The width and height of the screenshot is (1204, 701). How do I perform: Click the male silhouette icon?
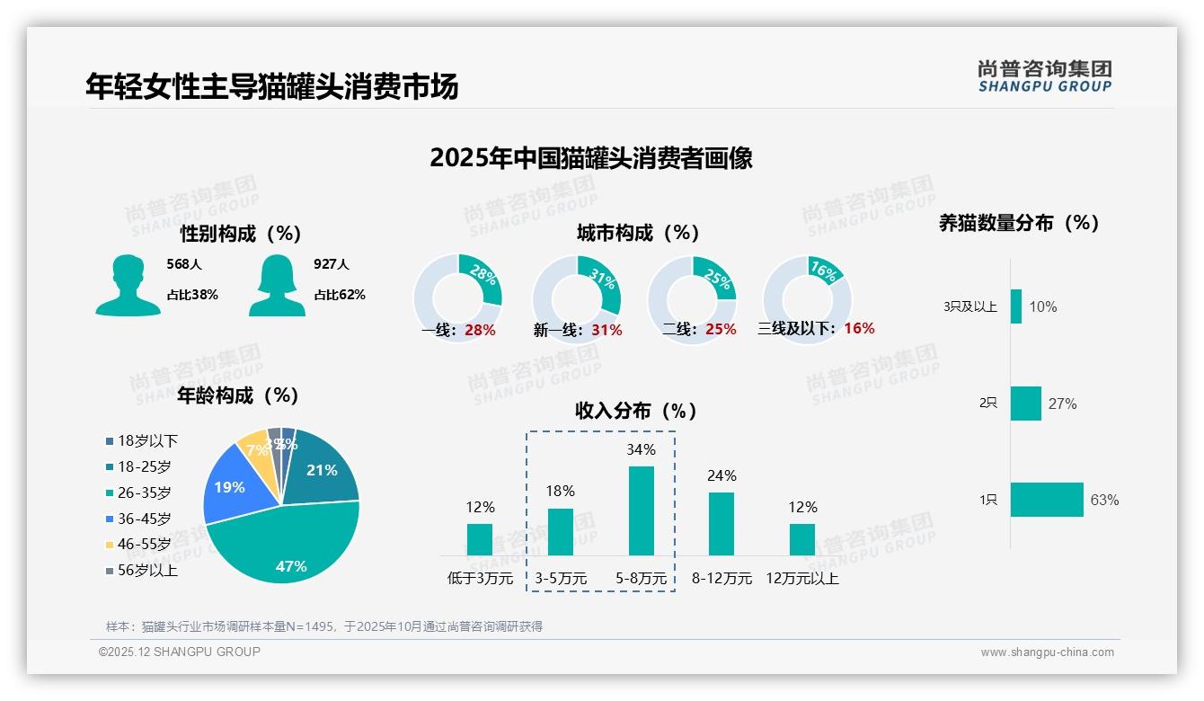[x=128, y=285]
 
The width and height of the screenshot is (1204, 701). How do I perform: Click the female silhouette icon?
[x=277, y=285]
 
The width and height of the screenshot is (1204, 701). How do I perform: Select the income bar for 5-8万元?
[x=642, y=510]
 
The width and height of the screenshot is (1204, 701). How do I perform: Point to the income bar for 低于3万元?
[x=480, y=539]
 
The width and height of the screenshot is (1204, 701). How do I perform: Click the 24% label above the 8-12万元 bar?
[x=722, y=475]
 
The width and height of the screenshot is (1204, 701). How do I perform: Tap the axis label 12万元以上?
[x=802, y=578]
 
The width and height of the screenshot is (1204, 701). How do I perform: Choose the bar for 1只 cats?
[x=1047, y=500]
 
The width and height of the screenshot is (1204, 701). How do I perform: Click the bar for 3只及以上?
[x=1016, y=306]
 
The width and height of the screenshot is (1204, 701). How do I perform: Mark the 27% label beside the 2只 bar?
[x=1062, y=404]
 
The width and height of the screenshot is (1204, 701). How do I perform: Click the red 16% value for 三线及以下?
[x=859, y=328]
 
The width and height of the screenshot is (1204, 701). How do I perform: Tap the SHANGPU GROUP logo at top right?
[x=1045, y=75]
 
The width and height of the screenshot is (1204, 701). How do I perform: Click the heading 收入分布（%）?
[x=636, y=411]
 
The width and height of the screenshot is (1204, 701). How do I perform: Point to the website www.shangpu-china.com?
[x=1047, y=652]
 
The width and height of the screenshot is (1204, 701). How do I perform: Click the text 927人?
[x=331, y=264]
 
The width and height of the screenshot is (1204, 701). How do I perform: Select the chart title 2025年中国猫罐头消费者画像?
[x=590, y=157]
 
